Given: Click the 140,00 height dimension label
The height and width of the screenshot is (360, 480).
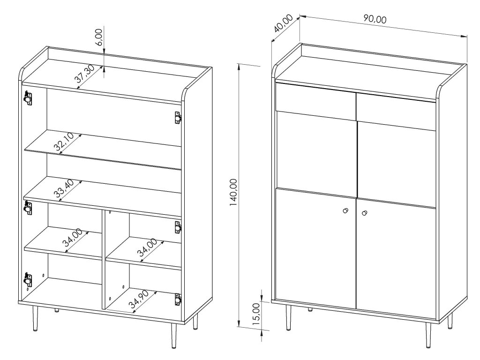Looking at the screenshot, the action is pyautogui.click(x=233, y=192).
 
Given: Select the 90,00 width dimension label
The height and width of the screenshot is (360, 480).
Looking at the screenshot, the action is pyautogui.click(x=375, y=19).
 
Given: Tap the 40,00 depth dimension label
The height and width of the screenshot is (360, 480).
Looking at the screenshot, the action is pyautogui.click(x=283, y=23).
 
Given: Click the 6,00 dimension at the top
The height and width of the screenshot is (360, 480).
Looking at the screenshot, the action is pyautogui.click(x=99, y=37).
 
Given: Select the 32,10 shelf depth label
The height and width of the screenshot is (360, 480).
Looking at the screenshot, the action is pyautogui.click(x=63, y=142).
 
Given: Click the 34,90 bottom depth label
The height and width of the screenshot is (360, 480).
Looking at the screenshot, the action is pyautogui.click(x=138, y=299).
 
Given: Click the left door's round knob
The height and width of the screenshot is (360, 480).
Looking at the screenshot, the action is pyautogui.click(x=345, y=210).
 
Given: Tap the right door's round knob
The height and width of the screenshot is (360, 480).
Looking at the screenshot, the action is pyautogui.click(x=364, y=213).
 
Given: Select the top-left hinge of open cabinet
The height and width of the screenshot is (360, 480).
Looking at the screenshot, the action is pyautogui.click(x=28, y=98).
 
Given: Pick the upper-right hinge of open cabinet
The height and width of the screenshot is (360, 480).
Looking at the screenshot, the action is pyautogui.click(x=178, y=118).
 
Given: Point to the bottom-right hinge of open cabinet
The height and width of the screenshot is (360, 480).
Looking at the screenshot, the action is pyautogui.click(x=178, y=300).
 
